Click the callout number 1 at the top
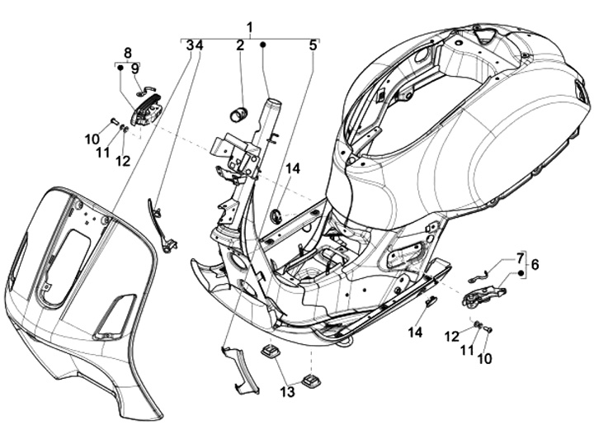pos(249,28)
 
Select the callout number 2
pos(240,45)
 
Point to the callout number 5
pos(313,45)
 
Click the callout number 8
pos(128,52)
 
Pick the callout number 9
pos(134,69)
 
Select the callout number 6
pos(534,264)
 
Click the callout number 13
pos(287,391)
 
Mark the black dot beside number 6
pos(521,273)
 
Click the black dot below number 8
pos(120,69)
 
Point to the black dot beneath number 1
pos(263,45)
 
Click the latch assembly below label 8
pos(146,110)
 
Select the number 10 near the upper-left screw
pos(92,139)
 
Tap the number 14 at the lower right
pos(415,333)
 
